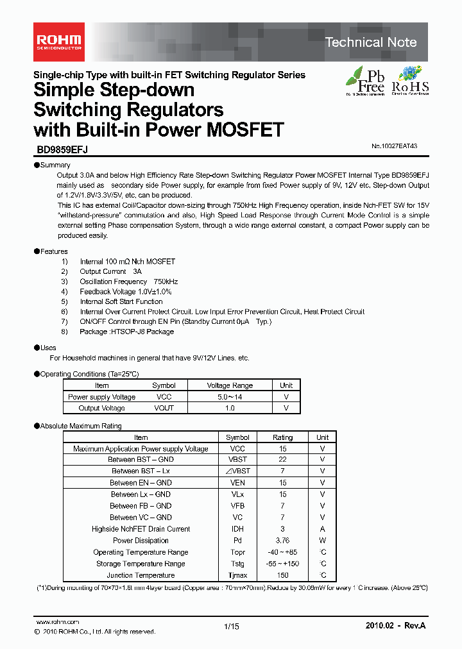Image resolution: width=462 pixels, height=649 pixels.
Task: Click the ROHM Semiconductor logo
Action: tap(57, 40)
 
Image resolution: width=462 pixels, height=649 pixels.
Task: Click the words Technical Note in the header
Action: tap(371, 42)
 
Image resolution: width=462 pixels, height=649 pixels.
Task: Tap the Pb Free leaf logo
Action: tap(366, 80)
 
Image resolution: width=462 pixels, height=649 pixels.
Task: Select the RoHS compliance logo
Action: tap(410, 80)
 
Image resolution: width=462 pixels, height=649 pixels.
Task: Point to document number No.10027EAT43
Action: tap(394, 146)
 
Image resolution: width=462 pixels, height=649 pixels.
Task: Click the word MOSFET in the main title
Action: tap(243, 130)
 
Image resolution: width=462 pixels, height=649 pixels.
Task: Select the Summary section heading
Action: tap(55, 165)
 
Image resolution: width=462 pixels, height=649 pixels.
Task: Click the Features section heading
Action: tap(53, 251)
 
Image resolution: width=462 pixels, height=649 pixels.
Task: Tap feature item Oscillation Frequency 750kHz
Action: tap(128, 282)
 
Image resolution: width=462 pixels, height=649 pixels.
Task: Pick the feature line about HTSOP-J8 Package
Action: tap(126, 332)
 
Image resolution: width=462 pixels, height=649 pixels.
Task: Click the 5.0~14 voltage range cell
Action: tap(230, 397)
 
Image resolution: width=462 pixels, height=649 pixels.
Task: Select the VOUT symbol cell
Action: tap(164, 408)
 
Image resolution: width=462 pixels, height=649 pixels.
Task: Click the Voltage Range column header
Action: tap(230, 385)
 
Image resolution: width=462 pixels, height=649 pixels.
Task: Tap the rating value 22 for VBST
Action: tap(282, 459)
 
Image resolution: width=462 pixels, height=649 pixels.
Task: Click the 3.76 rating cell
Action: tap(282, 541)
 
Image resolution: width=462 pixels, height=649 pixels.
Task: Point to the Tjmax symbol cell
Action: tap(237, 575)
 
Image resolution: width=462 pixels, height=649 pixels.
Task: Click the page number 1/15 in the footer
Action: tap(231, 627)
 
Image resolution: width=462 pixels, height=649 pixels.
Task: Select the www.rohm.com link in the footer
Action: tap(57, 622)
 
